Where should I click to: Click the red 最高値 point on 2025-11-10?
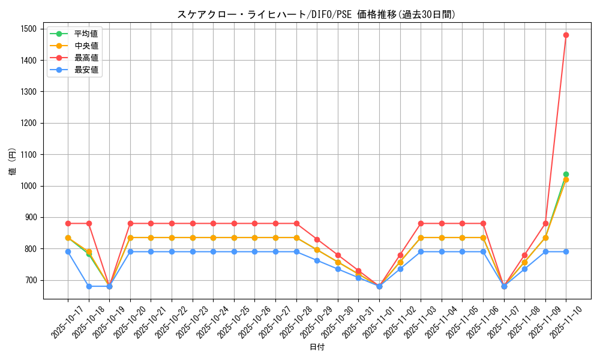[566, 35]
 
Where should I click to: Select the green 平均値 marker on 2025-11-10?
[566, 174]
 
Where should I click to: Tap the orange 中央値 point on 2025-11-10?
[566, 179]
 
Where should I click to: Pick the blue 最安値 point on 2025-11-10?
[566, 251]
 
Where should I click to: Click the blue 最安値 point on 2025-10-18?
[89, 286]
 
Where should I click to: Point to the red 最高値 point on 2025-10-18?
[89, 223]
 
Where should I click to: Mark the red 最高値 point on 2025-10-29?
[317, 239]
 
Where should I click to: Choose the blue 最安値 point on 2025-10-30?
[338, 269]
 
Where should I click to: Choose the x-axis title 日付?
[317, 347]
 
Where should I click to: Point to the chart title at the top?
[317, 14]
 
